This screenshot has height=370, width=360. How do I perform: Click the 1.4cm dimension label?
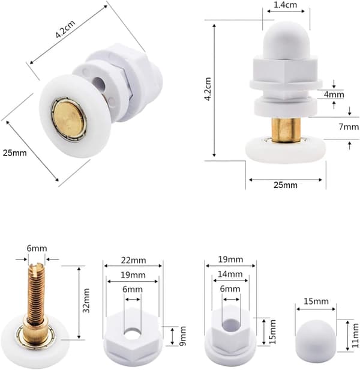tap(285, 5)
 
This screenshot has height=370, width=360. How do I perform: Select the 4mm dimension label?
tap(334, 95)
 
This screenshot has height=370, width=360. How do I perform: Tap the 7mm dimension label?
tap(349, 127)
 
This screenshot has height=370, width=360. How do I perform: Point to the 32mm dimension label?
tap(86, 300)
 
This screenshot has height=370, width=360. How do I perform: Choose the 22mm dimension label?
tap(133, 260)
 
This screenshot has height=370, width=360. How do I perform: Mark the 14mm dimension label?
tap(230, 274)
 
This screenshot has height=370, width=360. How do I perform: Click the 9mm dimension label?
tap(183, 336)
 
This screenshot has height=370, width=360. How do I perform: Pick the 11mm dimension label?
tap(355, 335)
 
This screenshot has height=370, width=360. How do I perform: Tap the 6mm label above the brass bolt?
tap(37, 248)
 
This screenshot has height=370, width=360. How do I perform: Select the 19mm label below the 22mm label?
tap(133, 275)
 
